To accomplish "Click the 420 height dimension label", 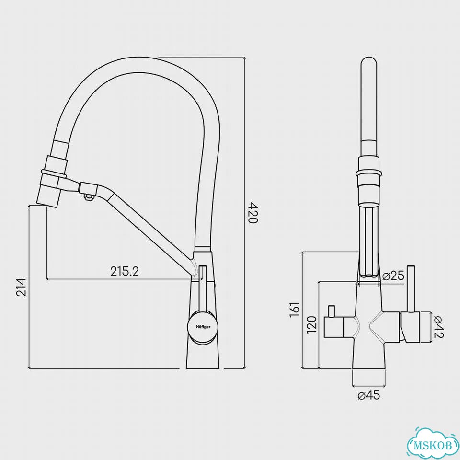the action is click(253, 212).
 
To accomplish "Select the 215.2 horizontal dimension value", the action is click(125, 272).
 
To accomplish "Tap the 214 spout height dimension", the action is click(22, 287).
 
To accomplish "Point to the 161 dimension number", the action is click(294, 309).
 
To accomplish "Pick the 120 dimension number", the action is click(311, 324).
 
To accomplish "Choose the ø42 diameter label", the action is click(438, 327).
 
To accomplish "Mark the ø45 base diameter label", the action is click(369, 395).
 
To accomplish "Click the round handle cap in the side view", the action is click(203, 327).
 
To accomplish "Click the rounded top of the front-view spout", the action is click(369, 63).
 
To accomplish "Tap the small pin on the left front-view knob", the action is click(332, 311).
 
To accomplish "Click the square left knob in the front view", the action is click(333, 327).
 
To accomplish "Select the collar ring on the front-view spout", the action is click(369, 173).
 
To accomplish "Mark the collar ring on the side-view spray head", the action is click(54, 173).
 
